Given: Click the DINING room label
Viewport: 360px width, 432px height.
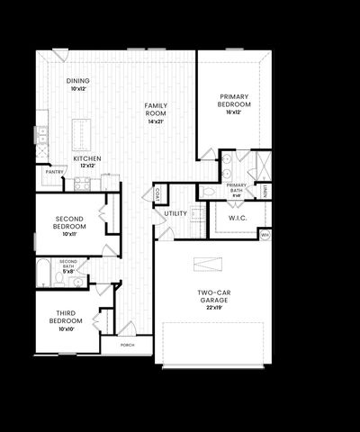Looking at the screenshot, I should click(78, 81).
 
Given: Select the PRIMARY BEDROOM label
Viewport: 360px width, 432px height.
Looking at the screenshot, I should click(234, 101).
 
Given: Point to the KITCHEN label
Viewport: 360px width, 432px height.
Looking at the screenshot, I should click(87, 159).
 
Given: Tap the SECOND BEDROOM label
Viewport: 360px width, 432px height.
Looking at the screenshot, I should click(69, 222).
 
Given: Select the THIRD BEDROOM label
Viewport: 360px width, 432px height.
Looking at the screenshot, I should click(66, 321).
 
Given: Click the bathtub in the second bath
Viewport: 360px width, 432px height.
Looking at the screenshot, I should click(44, 270).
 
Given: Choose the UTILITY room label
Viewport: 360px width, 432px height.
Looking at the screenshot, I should click(175, 214).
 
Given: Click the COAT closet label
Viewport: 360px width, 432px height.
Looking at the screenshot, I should click(157, 194).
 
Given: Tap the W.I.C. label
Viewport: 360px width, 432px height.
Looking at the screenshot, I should click(238, 218).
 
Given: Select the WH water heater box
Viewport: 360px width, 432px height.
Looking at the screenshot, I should click(265, 235).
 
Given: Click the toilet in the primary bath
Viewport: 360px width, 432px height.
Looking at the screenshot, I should click(210, 191).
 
